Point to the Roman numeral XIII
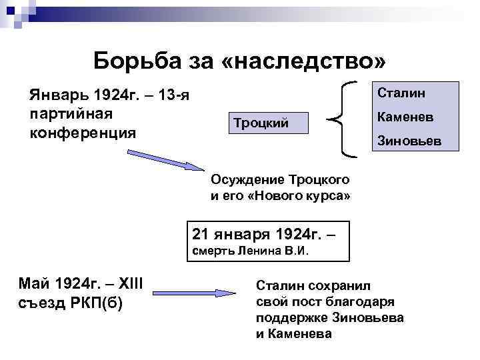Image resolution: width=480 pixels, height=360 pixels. tap(135, 285)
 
